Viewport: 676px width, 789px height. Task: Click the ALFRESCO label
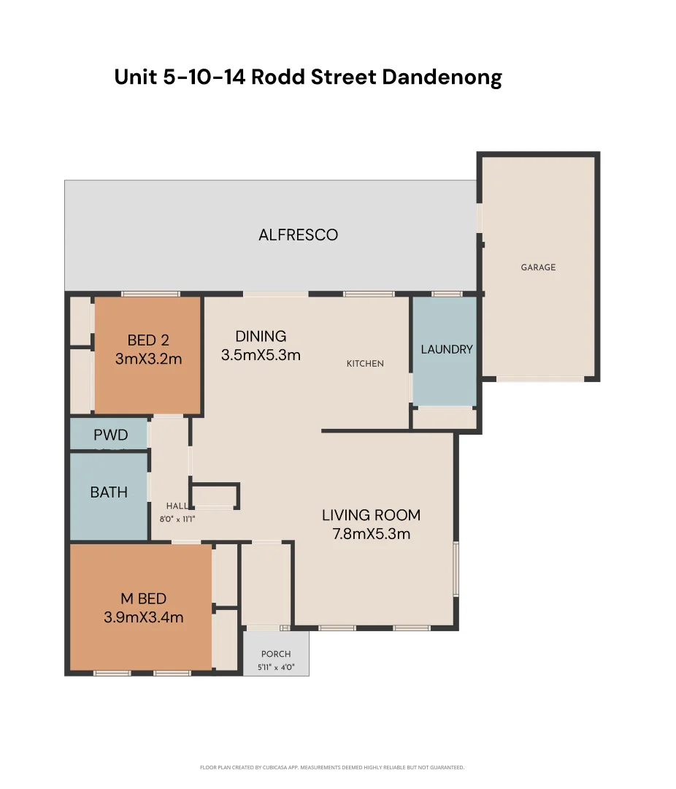click(x=298, y=235)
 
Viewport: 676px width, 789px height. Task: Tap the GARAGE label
click(x=538, y=267)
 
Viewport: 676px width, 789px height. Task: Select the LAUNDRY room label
click(x=446, y=349)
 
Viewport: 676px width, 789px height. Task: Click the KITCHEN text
click(x=365, y=364)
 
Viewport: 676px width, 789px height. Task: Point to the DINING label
click(x=261, y=336)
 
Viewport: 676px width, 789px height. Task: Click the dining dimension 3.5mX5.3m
click(x=261, y=356)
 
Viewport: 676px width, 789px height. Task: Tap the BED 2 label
click(x=148, y=340)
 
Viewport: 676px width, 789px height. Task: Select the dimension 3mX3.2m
click(x=148, y=359)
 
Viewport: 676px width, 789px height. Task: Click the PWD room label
click(x=110, y=435)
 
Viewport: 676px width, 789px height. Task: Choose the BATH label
click(x=109, y=492)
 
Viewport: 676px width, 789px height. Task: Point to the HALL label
click(x=176, y=506)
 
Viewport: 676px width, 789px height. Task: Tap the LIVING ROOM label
click(x=371, y=515)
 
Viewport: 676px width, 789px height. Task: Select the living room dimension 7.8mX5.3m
click(x=371, y=534)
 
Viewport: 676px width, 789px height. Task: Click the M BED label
click(x=144, y=599)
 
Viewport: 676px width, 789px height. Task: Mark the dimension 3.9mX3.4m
click(x=144, y=617)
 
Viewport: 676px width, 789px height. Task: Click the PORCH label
click(x=276, y=654)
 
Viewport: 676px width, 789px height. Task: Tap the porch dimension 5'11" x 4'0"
click(x=276, y=667)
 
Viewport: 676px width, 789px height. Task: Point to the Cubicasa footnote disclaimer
click(x=332, y=768)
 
